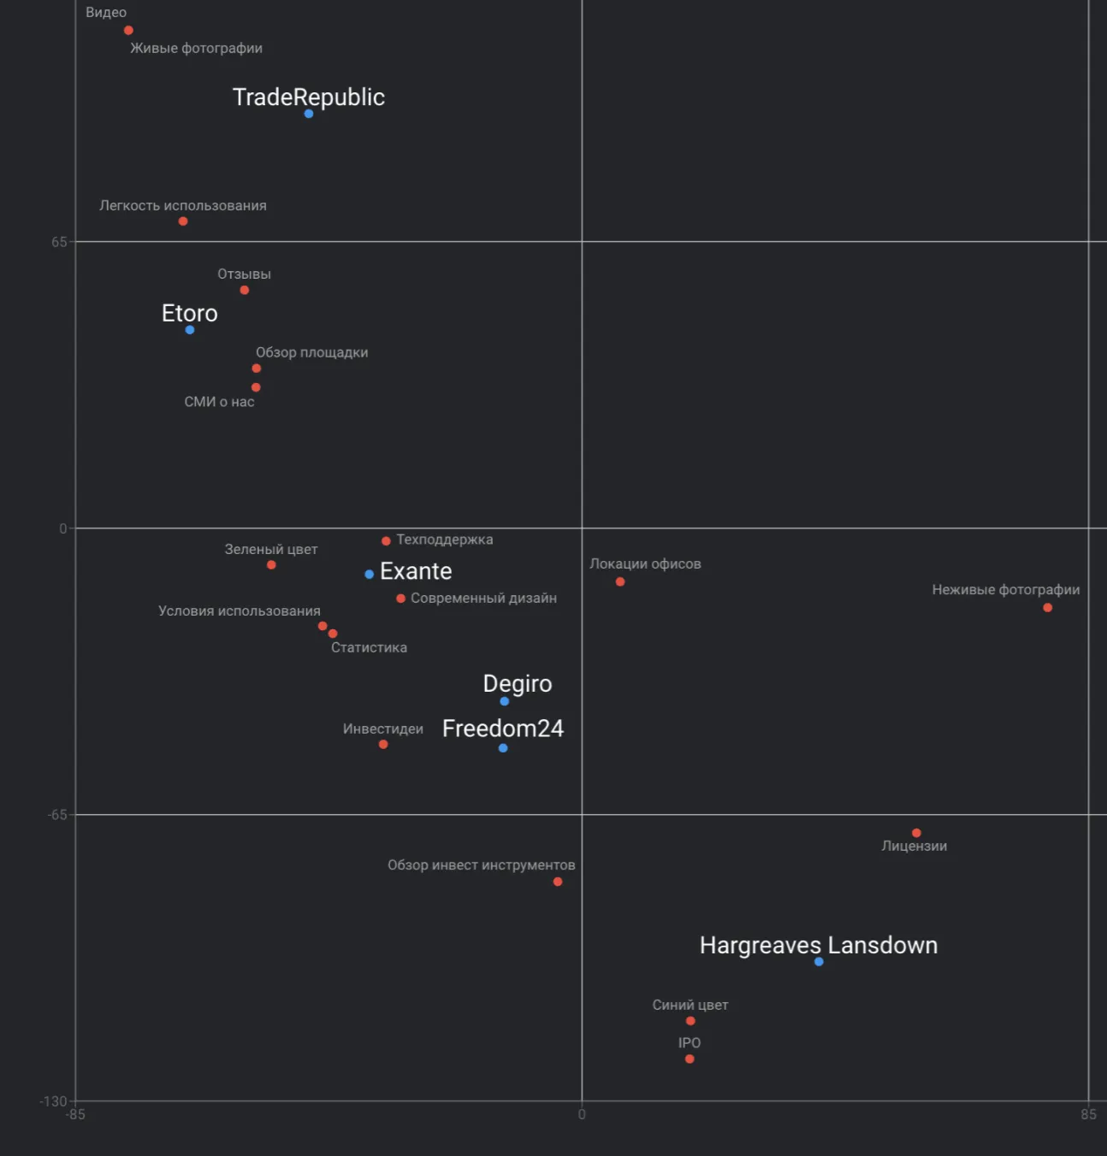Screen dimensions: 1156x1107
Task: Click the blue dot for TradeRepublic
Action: click(x=309, y=114)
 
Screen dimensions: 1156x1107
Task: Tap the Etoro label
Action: click(x=190, y=313)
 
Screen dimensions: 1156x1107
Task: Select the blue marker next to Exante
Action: click(x=369, y=575)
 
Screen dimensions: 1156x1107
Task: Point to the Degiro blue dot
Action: click(x=505, y=701)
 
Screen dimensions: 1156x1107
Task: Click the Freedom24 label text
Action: click(x=503, y=728)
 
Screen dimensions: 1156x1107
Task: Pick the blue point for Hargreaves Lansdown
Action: click(x=819, y=962)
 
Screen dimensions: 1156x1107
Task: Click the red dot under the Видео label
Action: click(x=128, y=31)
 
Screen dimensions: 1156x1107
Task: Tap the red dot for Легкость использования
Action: click(x=183, y=221)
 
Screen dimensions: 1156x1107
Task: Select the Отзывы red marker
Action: click(x=245, y=291)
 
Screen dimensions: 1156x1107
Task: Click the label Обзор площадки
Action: click(x=311, y=352)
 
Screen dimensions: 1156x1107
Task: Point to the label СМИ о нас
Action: click(x=219, y=402)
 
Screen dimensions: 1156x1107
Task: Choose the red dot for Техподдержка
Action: click(x=386, y=541)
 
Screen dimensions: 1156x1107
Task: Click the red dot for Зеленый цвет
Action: click(x=271, y=565)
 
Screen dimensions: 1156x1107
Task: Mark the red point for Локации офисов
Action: click(x=620, y=582)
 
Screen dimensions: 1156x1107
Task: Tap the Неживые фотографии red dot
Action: click(x=1047, y=608)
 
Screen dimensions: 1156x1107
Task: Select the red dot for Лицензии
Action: click(x=916, y=833)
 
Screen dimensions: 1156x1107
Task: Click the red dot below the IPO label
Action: click(x=690, y=1059)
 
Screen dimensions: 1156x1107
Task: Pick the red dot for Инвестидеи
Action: click(x=383, y=745)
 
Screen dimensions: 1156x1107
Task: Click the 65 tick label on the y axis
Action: click(x=58, y=242)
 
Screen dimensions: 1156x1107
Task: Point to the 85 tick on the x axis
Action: click(x=1088, y=1114)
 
